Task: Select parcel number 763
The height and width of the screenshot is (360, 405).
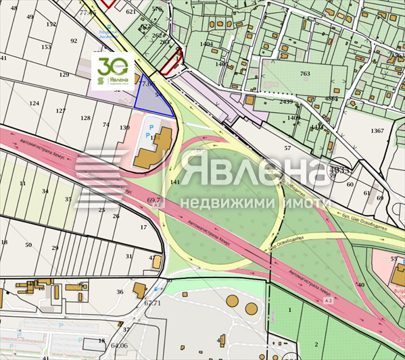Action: [305, 74]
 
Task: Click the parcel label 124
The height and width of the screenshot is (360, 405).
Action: [34, 103]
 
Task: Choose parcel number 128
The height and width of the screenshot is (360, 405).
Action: [85, 118]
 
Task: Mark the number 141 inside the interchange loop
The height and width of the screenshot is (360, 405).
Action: [175, 182]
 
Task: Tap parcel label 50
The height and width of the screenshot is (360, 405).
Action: [28, 245]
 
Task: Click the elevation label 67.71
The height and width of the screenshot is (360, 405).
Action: [153, 303]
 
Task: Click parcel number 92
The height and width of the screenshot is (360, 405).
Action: [74, 41]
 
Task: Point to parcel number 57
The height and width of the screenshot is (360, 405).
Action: [287, 147]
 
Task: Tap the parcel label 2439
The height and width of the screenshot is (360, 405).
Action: [286, 102]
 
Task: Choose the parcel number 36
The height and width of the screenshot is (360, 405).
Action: [120, 292]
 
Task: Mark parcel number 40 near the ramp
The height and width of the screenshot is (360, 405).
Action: [360, 285]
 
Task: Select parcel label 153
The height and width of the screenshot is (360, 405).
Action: [46, 47]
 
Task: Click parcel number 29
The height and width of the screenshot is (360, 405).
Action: [55, 248]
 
